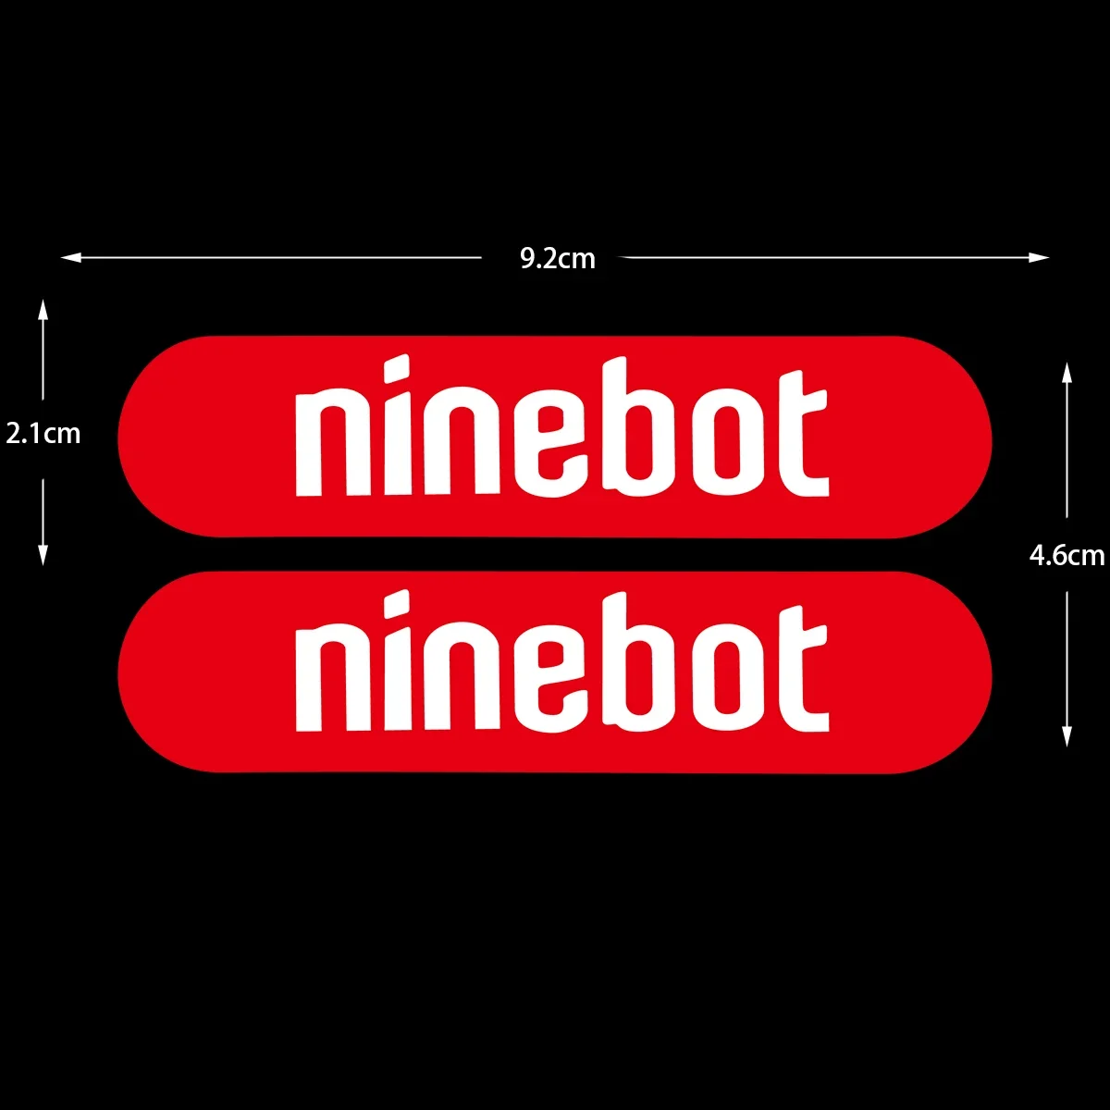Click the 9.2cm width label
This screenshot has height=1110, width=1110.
(x=557, y=258)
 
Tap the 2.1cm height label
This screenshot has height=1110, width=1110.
(x=43, y=433)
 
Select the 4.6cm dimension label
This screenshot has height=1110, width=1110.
(x=1067, y=555)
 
